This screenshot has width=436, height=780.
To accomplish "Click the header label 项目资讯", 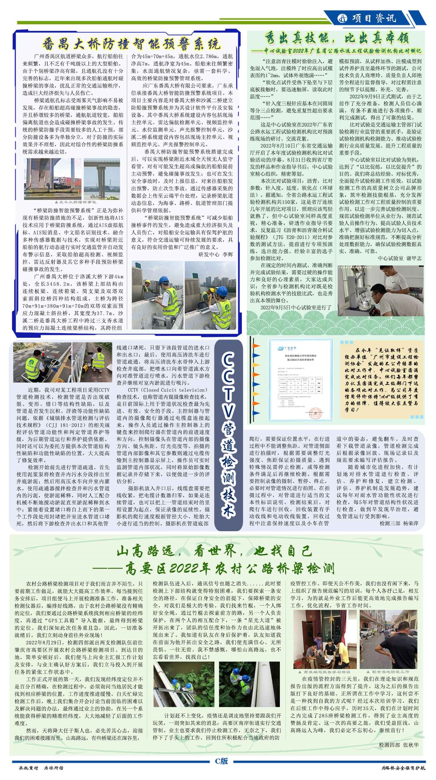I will tap(374, 18).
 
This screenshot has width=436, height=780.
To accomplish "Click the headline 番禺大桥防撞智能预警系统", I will tap(131, 44).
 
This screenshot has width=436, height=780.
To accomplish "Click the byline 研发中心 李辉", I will tap(216, 255).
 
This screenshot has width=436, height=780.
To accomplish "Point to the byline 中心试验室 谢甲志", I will tap(399, 258).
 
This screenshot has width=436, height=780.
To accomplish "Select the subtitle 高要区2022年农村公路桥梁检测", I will tap(230, 569).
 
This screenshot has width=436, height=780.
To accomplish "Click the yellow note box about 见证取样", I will tap(382, 380).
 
